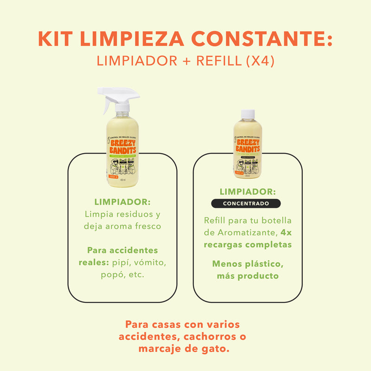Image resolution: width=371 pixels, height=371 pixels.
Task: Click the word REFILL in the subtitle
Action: pyautogui.click(x=211, y=61)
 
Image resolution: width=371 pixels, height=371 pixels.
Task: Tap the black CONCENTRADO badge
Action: pyautogui.click(x=246, y=204)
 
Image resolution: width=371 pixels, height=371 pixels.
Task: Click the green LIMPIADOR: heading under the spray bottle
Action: pyautogui.click(x=122, y=202)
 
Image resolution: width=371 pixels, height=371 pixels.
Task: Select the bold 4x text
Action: pyautogui.click(x=286, y=232)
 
